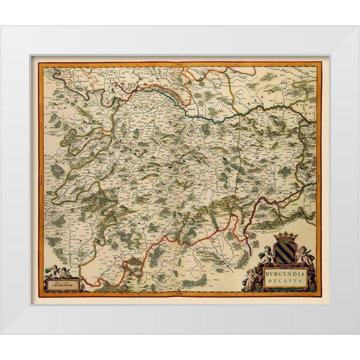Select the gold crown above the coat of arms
click(285, 236)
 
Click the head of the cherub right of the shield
click(304, 248)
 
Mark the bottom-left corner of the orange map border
click(39, 295)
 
